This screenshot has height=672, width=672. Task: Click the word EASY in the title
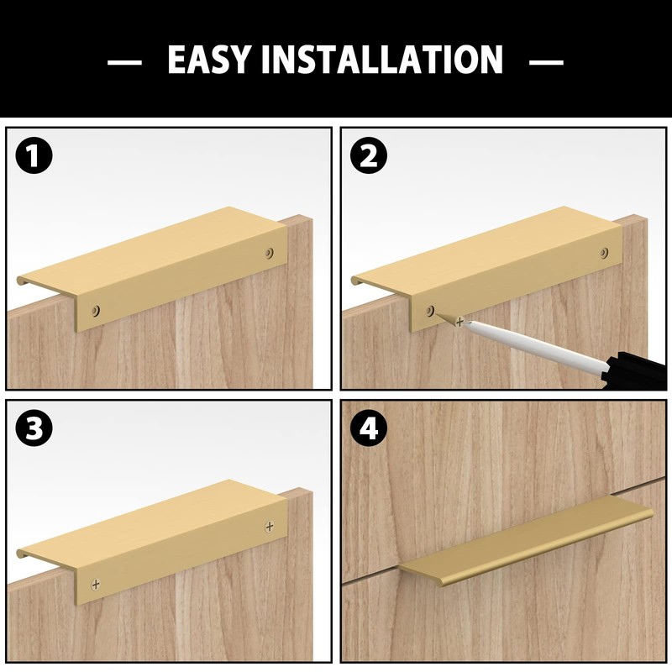coord(209,60)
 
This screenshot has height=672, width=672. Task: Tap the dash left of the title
coord(124,61)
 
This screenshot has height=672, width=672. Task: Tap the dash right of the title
coord(547,61)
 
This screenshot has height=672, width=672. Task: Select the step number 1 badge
coord(34,157)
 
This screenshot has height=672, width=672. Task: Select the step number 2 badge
coord(368,157)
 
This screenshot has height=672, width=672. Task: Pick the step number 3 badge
coord(34,429)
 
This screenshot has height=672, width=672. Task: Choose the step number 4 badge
coord(368,429)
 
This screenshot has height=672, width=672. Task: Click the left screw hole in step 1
coord(97,310)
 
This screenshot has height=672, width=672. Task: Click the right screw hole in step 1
coord(269,252)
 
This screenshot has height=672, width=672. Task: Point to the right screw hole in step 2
coord(604,252)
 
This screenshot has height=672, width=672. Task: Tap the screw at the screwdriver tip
coord(459,321)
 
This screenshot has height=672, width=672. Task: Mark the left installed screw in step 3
coord(97,582)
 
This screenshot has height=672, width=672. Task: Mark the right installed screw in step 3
coord(269,526)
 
